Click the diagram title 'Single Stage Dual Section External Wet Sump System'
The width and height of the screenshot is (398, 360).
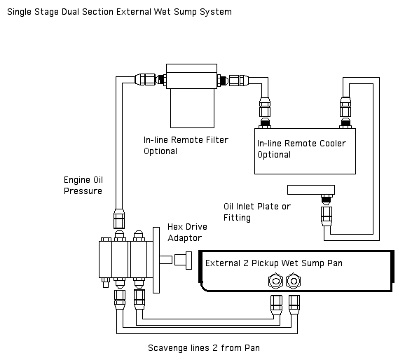pyautogui.click(x=119, y=12)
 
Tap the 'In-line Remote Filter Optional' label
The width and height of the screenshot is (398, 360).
pyautogui.click(x=186, y=146)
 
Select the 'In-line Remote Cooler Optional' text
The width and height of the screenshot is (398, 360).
pyautogui.click(x=301, y=149)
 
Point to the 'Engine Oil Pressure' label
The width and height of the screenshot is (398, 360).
pyautogui.click(x=83, y=185)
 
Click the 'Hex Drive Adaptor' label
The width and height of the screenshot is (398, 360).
pyautogui.click(x=187, y=233)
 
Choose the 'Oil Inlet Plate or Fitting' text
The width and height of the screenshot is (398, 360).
pyautogui.click(x=257, y=212)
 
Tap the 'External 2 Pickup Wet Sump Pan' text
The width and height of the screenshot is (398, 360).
pyautogui.click(x=273, y=263)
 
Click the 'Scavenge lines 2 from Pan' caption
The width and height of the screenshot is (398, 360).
pyautogui.click(x=204, y=348)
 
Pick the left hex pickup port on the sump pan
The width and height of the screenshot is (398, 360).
pyautogui.click(x=275, y=281)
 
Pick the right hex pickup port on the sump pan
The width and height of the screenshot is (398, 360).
pyautogui.click(x=294, y=281)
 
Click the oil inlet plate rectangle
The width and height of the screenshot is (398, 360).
pyautogui.click(x=311, y=190)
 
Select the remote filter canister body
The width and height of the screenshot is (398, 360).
pyautogui.click(x=192, y=108)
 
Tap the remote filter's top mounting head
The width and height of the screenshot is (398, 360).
pyautogui.click(x=191, y=76)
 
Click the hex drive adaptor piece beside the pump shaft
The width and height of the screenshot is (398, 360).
pyautogui.click(x=183, y=261)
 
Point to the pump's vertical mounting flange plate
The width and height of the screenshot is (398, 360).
pyautogui.click(x=156, y=260)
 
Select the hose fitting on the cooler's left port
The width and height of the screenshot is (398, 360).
pyautogui.click(x=265, y=108)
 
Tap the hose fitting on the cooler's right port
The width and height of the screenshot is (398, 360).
pyautogui.click(x=345, y=108)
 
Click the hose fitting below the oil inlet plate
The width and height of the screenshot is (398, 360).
pyautogui.click(x=327, y=216)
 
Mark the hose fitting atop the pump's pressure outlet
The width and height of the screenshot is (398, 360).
pyautogui.click(x=119, y=219)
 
